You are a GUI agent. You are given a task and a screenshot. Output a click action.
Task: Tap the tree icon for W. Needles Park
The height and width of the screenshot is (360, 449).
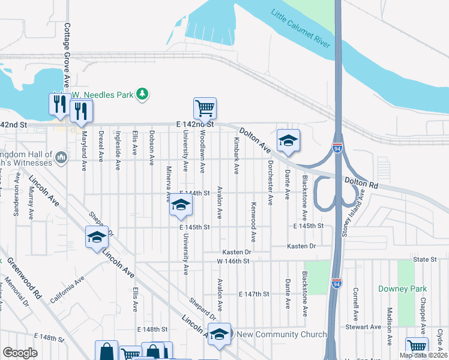pos(142,94)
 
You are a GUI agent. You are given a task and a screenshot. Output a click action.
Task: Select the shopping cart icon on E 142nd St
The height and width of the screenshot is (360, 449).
pos(205,109)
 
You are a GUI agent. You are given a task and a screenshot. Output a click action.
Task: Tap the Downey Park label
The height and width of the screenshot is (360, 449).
pos(402,289)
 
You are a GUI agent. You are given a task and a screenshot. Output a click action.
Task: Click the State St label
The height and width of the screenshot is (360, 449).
pos(424,259)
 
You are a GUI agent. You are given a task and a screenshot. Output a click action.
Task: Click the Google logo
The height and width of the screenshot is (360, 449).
pos(20,352)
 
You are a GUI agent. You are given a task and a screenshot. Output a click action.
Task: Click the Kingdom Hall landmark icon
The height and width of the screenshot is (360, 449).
pos(61,157)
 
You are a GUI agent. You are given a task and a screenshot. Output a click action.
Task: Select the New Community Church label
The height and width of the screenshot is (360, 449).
pos(282,334)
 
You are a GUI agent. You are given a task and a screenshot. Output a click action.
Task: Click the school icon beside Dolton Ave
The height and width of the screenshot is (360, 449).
pos(288,140)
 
